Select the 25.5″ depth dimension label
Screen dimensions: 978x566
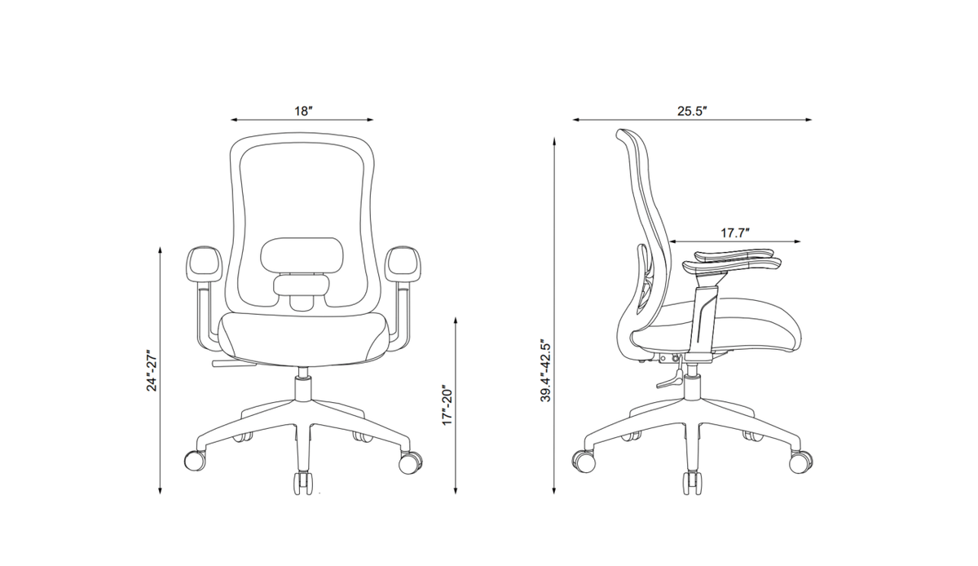(x=692, y=111)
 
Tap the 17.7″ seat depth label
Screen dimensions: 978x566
(x=735, y=233)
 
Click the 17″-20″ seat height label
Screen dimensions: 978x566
(x=448, y=405)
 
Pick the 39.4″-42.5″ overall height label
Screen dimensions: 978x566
(x=546, y=369)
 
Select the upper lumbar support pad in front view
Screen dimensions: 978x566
(x=302, y=254)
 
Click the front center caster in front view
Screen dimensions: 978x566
(x=303, y=483)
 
